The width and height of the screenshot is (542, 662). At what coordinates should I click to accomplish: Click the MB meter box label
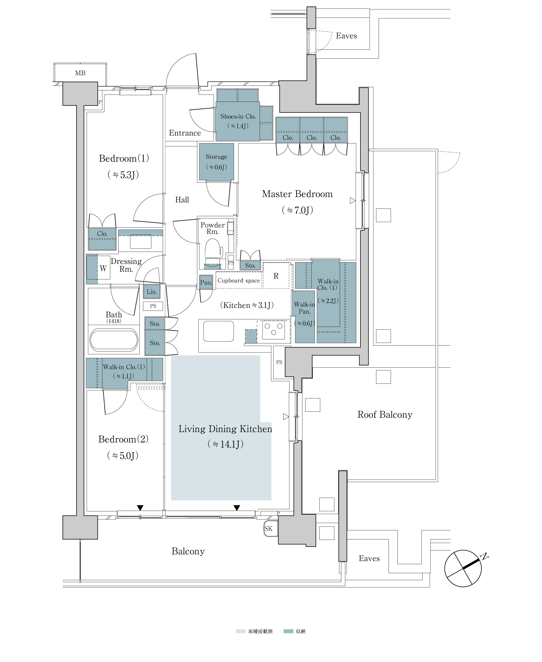(x=80, y=73)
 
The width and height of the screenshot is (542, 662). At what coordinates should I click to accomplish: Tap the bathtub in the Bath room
(x=114, y=339)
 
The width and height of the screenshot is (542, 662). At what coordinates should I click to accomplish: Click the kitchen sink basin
(x=218, y=331)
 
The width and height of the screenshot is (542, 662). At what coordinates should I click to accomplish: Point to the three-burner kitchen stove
(x=274, y=330)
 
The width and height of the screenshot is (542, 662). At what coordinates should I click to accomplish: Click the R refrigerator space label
(x=276, y=276)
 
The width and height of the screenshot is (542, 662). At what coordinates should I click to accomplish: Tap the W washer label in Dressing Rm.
(x=103, y=268)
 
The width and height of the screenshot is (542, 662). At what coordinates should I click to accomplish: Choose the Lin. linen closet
(x=151, y=292)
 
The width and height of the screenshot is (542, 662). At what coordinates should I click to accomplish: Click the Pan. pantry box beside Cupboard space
(x=206, y=282)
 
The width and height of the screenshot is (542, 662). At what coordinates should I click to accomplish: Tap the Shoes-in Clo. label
(x=238, y=116)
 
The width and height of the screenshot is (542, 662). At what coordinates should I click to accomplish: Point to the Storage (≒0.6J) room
(x=216, y=162)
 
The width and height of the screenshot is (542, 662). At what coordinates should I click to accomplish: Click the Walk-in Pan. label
(x=304, y=308)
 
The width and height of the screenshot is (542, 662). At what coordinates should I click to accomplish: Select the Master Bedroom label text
(x=297, y=194)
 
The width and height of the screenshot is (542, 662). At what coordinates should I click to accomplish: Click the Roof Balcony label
(x=385, y=415)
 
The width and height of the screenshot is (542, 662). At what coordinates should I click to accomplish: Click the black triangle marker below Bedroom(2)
(x=140, y=508)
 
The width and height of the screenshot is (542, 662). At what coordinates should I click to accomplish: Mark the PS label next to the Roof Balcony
(x=279, y=362)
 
